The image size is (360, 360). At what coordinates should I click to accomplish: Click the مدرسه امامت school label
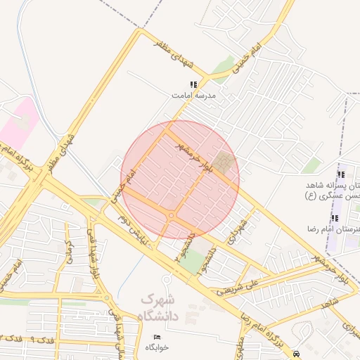193,94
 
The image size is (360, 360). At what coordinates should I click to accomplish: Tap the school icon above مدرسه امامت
193,84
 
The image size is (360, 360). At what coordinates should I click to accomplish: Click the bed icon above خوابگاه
157,337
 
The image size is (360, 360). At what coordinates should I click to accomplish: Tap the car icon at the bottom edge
297,354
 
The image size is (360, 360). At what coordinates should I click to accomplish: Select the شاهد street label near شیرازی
328,302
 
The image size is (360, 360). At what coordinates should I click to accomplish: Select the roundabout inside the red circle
171,215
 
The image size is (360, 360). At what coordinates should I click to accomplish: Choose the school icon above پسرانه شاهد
340,174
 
